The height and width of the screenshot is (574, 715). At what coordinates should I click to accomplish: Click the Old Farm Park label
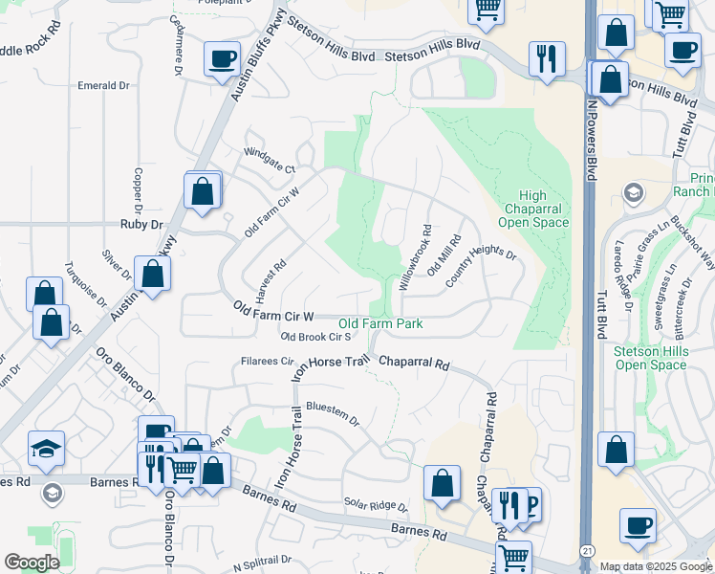tap(380, 324)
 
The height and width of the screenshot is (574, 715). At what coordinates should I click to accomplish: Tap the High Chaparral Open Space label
tap(534, 209)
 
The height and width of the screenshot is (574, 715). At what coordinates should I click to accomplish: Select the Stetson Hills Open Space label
tap(650, 358)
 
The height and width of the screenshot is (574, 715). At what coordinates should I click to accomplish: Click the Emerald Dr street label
tap(103, 85)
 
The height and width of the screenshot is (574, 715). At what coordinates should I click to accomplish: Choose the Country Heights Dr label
tap(480, 264)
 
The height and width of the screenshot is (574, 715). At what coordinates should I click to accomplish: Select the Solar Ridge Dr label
tap(376, 504)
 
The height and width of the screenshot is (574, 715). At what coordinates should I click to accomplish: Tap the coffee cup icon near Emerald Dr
tap(222, 60)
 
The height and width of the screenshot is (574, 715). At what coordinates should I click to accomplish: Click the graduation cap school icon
tap(47, 449)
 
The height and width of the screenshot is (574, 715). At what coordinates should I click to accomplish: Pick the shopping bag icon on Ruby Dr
tap(203, 191)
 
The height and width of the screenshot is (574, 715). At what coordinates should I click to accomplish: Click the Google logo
tap(32, 563)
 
